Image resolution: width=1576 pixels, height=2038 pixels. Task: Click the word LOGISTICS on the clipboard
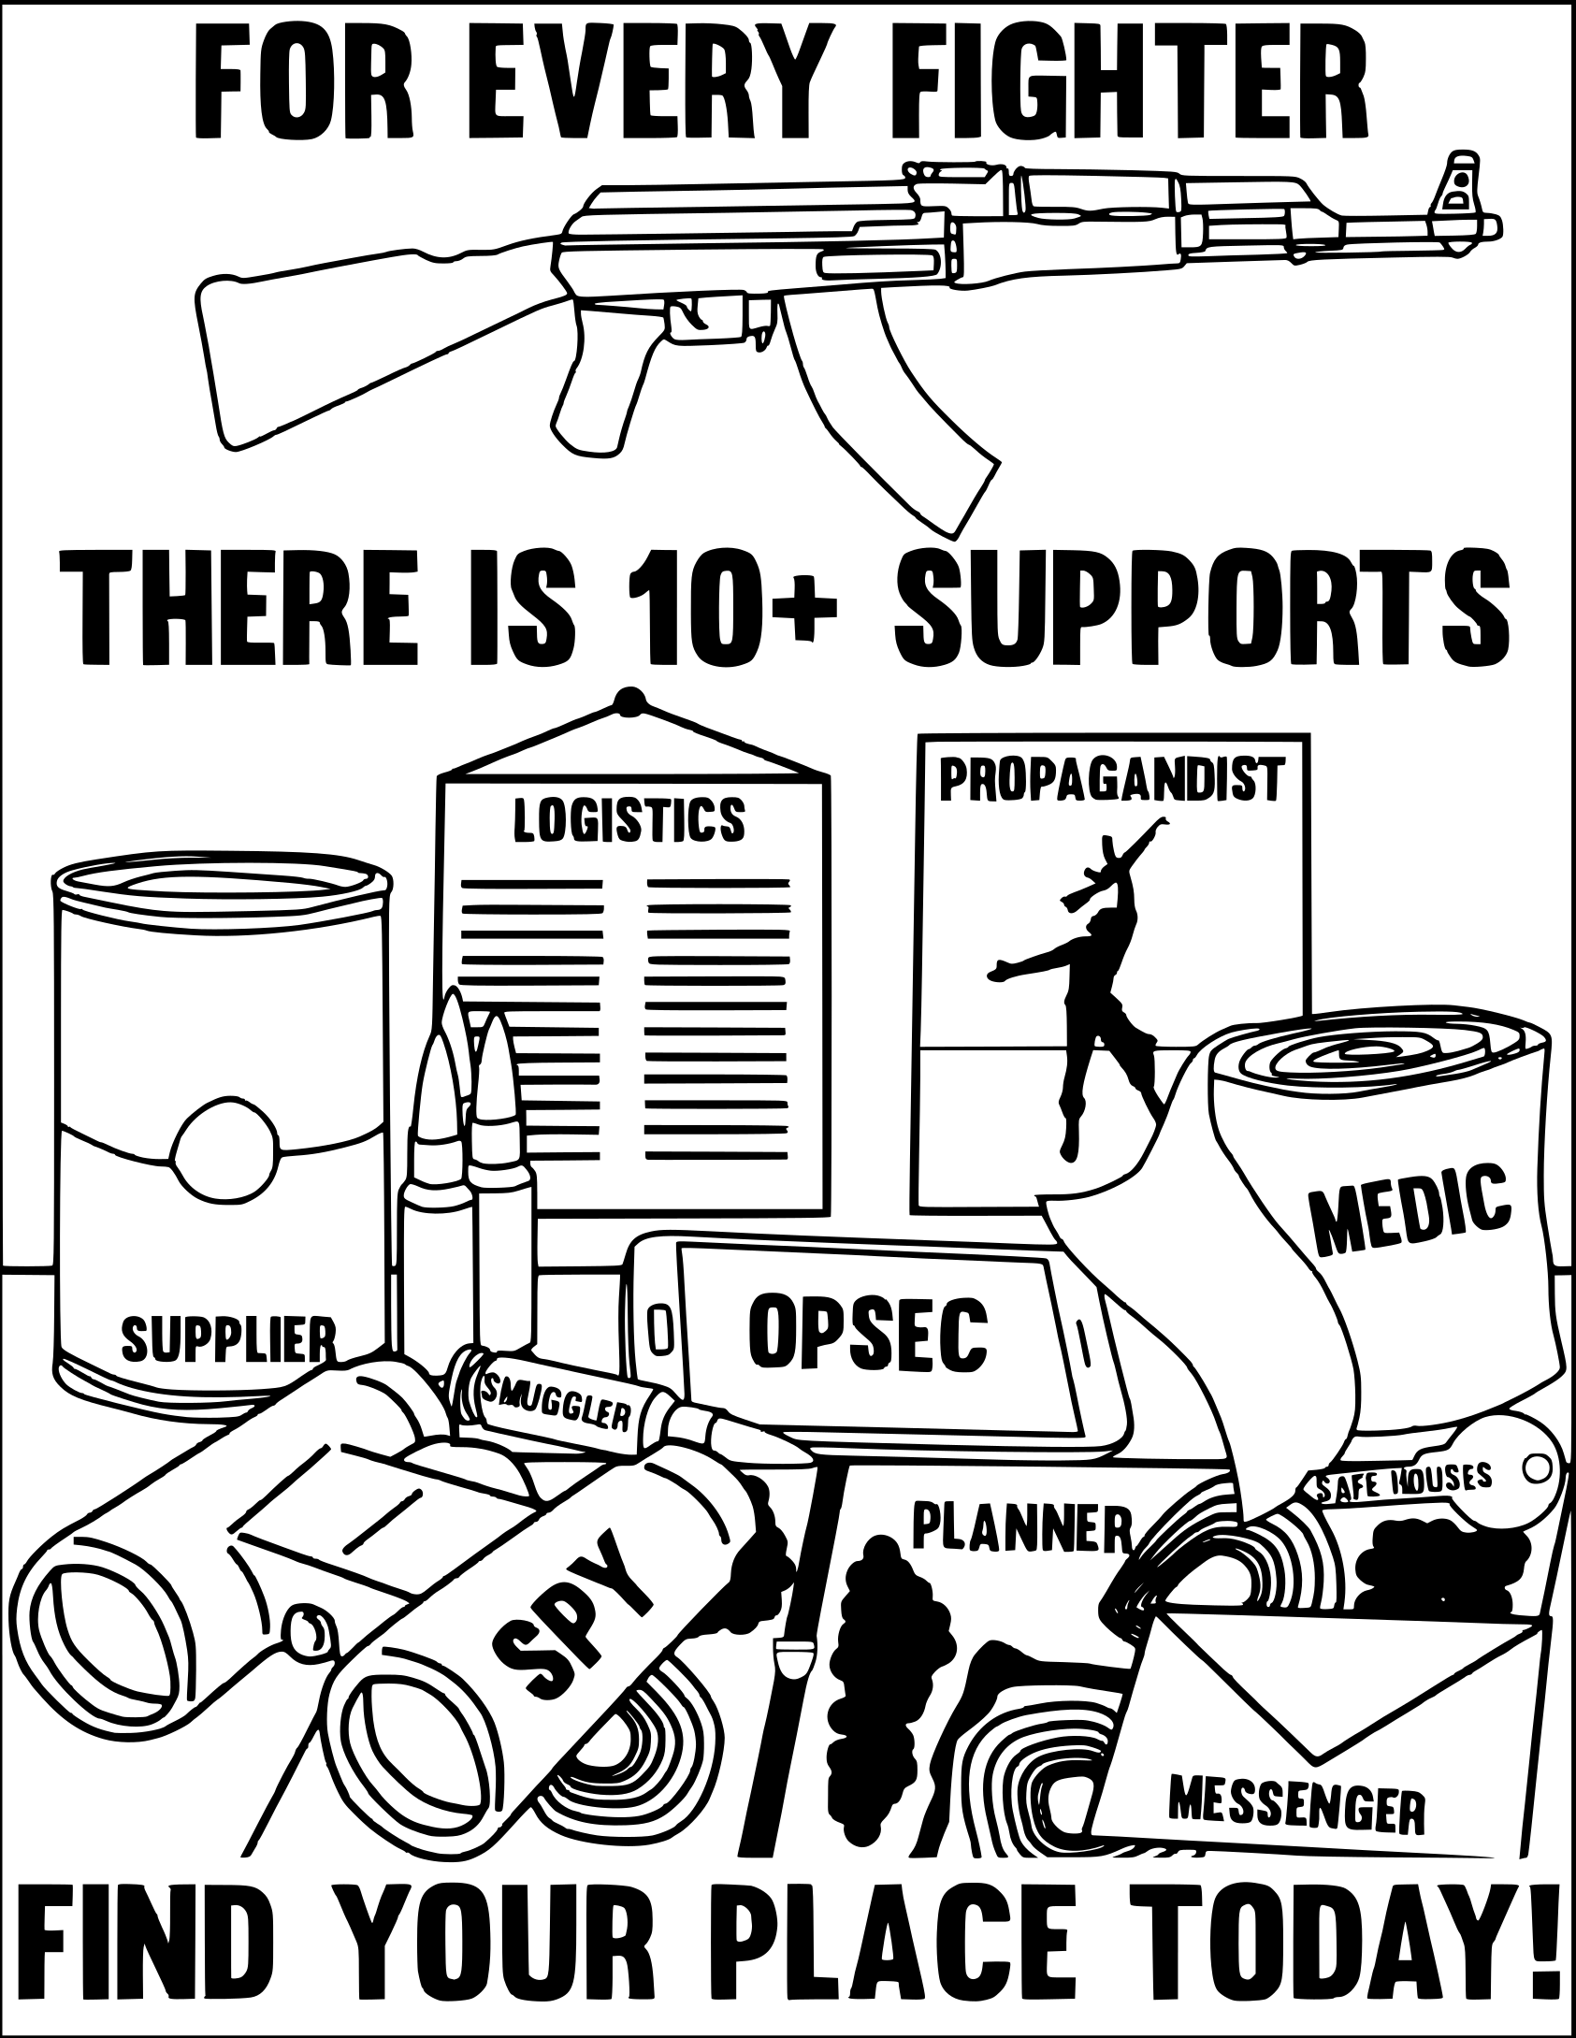click(x=629, y=819)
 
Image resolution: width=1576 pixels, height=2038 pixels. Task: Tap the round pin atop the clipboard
click(x=629, y=700)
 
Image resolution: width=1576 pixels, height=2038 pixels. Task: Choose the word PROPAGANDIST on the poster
click(x=1110, y=781)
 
